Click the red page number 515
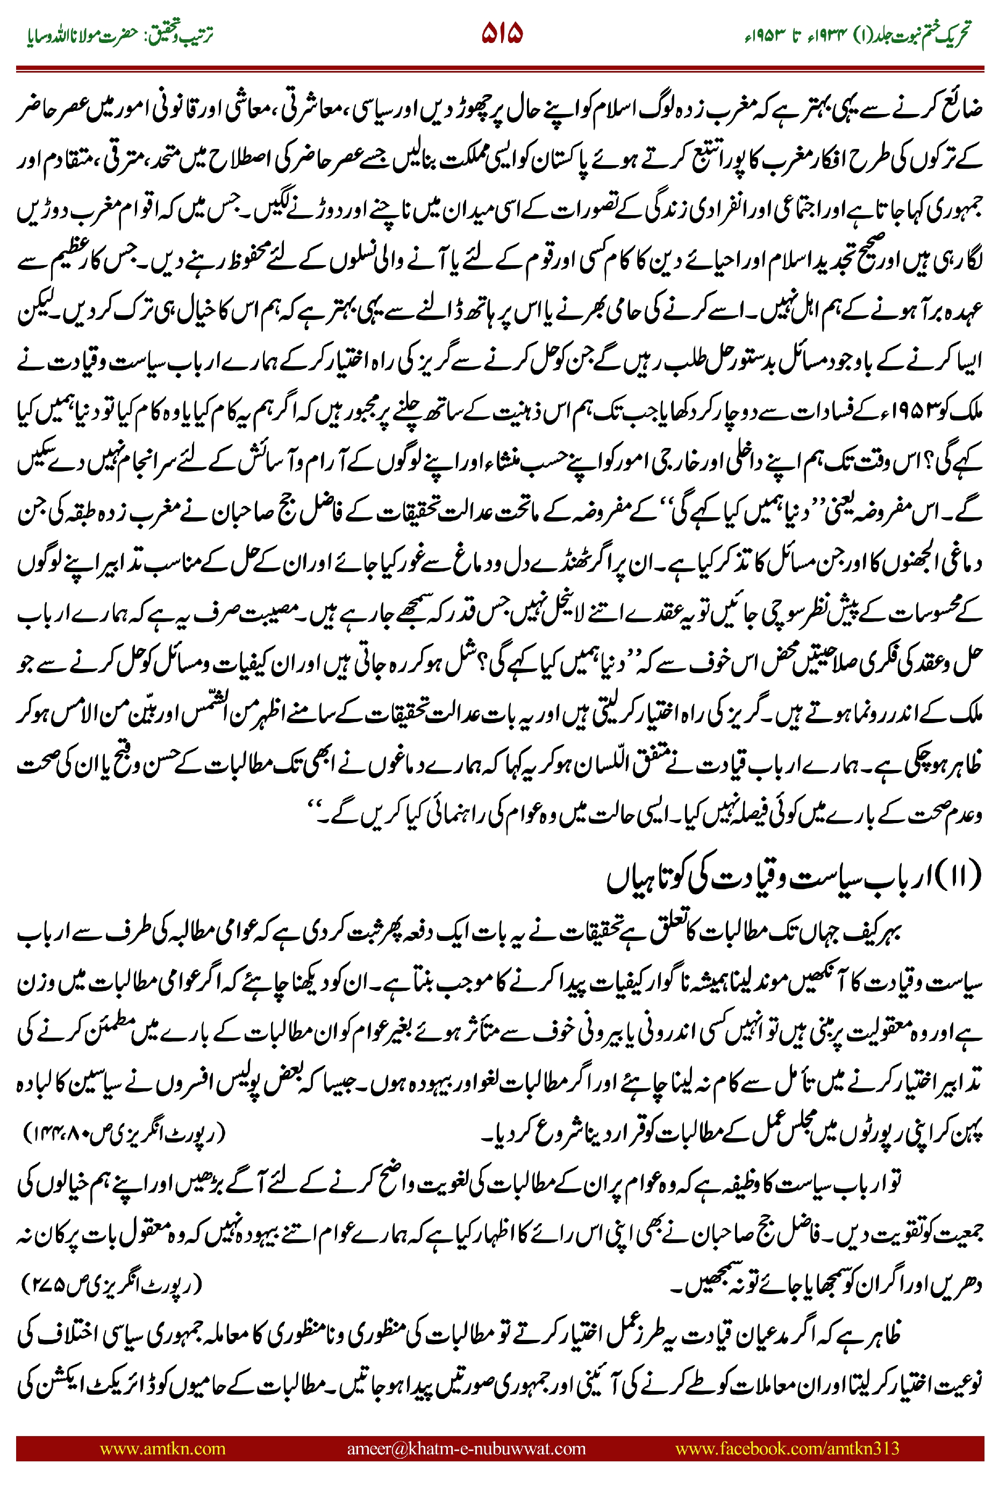tap(502, 33)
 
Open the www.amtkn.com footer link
tap(162, 1448)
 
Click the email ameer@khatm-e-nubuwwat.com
tap(466, 1448)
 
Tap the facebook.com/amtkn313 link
tap(787, 1448)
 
